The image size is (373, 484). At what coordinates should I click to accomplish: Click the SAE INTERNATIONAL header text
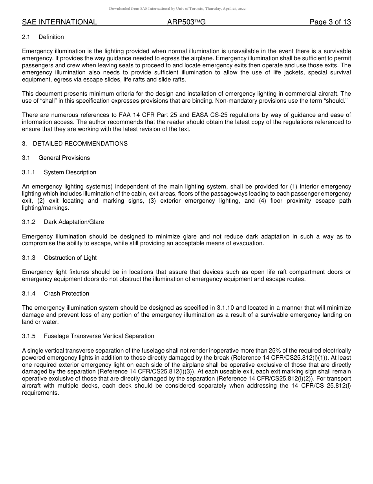coord(59,22)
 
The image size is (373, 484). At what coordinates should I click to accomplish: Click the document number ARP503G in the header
coord(186,22)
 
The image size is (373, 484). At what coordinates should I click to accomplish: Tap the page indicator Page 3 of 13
coord(330,22)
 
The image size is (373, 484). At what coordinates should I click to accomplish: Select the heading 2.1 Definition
coord(43,37)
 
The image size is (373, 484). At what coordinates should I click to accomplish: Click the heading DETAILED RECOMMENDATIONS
coord(80,144)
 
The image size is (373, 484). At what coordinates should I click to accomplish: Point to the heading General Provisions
coord(64,158)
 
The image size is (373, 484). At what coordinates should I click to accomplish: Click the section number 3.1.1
coord(29,172)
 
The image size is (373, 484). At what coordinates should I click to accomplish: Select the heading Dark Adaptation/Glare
coord(74,222)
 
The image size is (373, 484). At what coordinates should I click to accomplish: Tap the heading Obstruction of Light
coord(70,258)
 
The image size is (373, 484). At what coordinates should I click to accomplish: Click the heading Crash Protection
coord(66,294)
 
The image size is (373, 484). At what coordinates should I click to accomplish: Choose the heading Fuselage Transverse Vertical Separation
coord(99,336)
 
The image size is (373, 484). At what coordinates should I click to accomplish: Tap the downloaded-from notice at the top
coord(177,9)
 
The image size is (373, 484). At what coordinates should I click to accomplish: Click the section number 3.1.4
coord(29,294)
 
